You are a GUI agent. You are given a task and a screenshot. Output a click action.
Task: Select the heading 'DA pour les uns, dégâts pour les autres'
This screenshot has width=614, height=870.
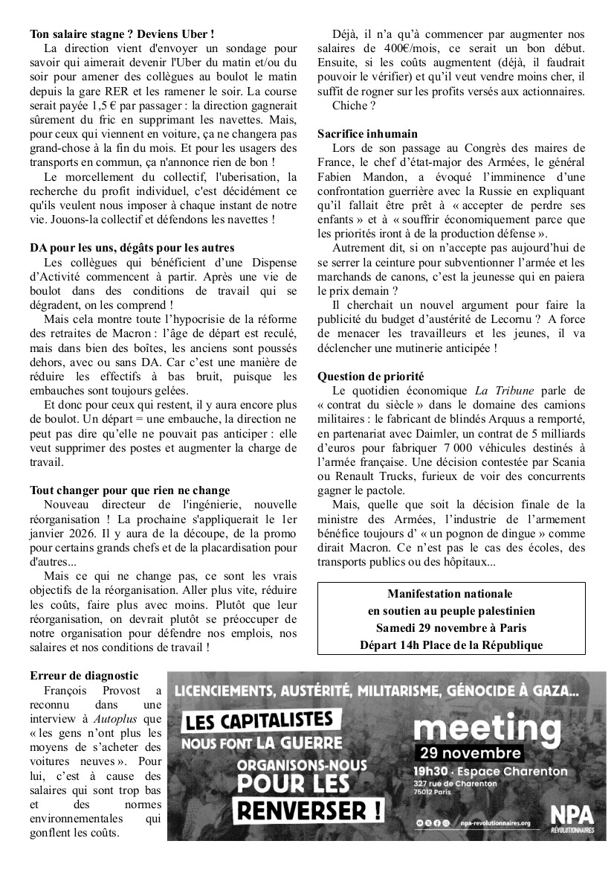click(x=132, y=247)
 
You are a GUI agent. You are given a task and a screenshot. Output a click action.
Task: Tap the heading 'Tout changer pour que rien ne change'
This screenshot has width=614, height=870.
click(x=130, y=490)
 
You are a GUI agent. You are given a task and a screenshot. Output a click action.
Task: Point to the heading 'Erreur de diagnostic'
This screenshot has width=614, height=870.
click(x=84, y=676)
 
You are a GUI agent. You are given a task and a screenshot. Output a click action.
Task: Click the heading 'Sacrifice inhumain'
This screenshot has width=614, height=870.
click(x=367, y=134)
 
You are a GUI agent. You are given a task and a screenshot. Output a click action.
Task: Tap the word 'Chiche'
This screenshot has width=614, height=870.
click(x=349, y=106)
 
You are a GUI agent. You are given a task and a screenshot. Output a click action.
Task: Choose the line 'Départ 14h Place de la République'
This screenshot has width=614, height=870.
click(x=451, y=644)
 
